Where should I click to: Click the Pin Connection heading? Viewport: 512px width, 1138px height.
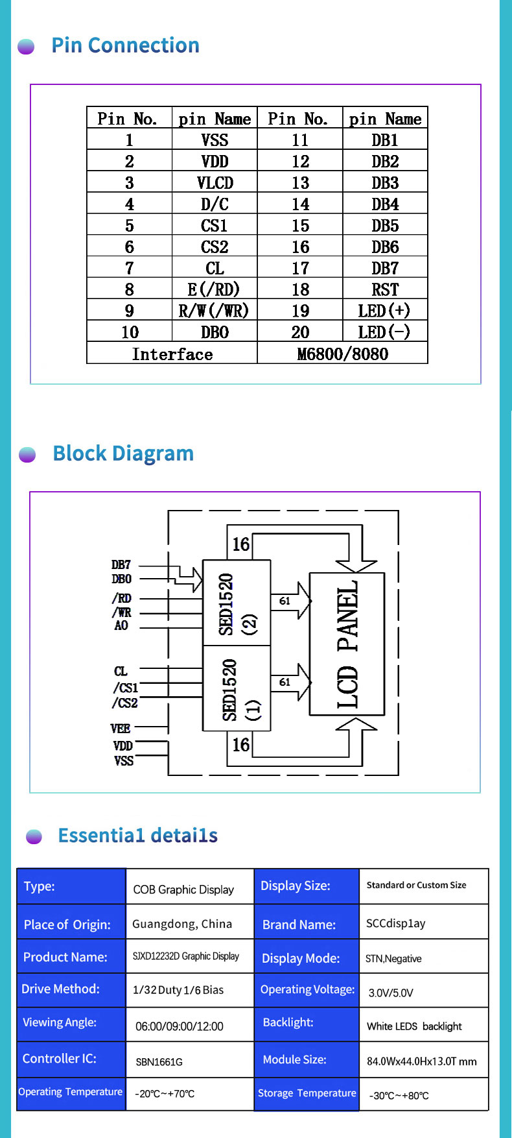point(125,45)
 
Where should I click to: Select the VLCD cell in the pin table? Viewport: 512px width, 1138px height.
point(215,182)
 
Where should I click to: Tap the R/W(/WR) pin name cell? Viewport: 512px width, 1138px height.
point(215,310)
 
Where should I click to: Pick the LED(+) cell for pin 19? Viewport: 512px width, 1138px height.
point(384,310)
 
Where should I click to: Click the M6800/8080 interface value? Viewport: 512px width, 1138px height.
point(342,354)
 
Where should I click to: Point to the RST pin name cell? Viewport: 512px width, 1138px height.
point(385,289)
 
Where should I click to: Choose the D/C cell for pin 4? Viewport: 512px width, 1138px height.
point(215,204)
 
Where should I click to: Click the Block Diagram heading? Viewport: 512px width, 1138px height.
point(123,454)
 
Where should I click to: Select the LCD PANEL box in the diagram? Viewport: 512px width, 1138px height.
point(347,644)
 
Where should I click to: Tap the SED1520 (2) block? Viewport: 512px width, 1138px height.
point(237,603)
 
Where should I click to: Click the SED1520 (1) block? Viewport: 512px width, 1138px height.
point(237,689)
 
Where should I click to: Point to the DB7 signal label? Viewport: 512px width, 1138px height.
point(121,564)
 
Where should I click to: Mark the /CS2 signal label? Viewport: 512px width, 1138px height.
point(125,703)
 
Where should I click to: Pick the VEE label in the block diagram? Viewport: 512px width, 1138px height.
point(121,729)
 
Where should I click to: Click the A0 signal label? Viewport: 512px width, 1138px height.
point(121,625)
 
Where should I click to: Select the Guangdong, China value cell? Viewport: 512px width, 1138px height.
point(182,924)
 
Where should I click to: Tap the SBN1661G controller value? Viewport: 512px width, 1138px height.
point(159,1062)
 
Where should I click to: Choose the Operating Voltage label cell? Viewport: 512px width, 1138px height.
point(307,989)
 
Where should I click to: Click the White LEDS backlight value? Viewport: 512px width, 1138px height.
point(414,1026)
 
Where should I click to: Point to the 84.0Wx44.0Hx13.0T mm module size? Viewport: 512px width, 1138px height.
point(422,1061)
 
